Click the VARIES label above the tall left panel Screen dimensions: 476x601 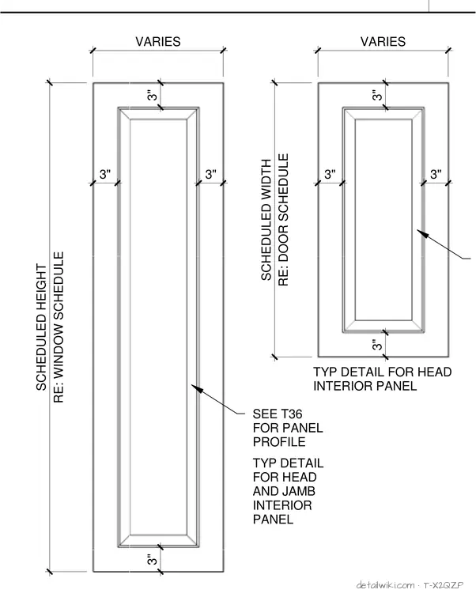coord(158,41)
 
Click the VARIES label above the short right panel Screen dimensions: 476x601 coord(383,41)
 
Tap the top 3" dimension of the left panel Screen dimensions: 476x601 coord(152,96)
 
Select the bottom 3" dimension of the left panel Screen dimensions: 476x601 coord(152,560)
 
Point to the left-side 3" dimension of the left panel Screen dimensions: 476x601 coord(105,174)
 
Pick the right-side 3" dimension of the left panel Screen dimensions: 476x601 coord(211,174)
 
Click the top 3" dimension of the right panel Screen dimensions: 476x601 coord(377,96)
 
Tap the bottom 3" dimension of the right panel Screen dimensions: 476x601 coord(377,345)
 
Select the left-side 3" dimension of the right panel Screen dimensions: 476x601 coord(330,174)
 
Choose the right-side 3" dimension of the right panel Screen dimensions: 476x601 coord(436,174)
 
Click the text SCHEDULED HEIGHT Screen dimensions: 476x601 coord(41,327)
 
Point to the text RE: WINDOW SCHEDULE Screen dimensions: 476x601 coord(59,327)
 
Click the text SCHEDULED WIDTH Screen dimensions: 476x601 coord(266,220)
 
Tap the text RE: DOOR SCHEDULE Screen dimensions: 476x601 coord(283,220)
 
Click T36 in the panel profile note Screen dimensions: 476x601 coord(292,414)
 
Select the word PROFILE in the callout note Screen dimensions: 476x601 coord(279,441)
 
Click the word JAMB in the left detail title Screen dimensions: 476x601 coord(299,491)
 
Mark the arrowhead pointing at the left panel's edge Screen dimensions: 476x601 coord(196,388)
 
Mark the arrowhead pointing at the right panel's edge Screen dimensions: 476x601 coord(421,233)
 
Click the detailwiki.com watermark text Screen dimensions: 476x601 coord(386,585)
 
